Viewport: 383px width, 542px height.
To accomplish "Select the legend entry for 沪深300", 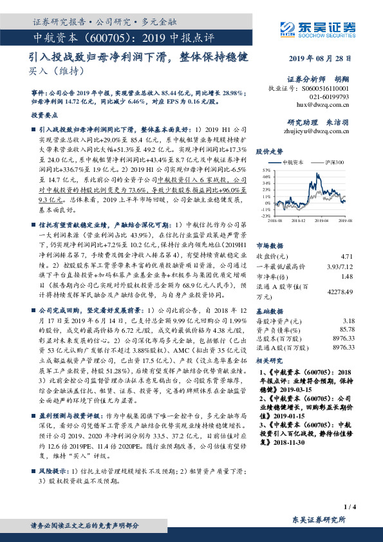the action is [334, 164].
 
